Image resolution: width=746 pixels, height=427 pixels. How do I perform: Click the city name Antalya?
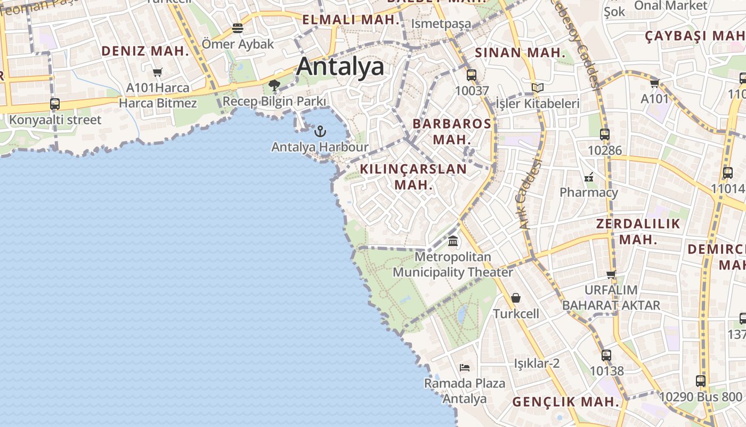(x=340, y=67)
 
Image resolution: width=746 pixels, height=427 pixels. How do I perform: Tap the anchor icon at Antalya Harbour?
(x=320, y=131)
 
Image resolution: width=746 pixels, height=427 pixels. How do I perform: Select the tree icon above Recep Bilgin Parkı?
(x=274, y=85)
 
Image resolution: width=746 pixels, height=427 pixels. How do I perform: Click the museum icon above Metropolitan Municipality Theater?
(x=453, y=241)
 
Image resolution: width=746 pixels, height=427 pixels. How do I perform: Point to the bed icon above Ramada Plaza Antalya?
(x=465, y=367)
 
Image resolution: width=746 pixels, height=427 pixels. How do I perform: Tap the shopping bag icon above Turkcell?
(x=516, y=298)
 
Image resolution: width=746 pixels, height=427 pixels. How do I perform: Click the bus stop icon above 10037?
(x=471, y=75)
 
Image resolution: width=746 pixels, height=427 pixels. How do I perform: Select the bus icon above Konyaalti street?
(x=55, y=104)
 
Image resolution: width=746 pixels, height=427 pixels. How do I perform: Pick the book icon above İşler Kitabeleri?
(x=538, y=88)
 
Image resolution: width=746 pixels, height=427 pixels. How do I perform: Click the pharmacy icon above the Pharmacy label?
(x=589, y=177)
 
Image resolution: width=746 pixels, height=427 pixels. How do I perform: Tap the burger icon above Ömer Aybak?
(x=238, y=28)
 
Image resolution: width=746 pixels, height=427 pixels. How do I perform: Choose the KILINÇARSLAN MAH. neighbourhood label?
(x=413, y=177)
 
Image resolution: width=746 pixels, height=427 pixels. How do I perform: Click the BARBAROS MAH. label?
(x=452, y=131)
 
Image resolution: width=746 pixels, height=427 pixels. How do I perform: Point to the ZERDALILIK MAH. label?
(x=638, y=231)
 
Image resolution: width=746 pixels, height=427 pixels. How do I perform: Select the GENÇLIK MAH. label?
(x=566, y=402)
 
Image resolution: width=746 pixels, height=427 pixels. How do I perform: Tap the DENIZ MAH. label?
(x=145, y=51)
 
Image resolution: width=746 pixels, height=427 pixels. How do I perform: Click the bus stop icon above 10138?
(x=606, y=355)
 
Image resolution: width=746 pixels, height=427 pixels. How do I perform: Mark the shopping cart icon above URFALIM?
(x=611, y=274)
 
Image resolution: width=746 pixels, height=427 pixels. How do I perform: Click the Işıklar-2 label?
(x=537, y=363)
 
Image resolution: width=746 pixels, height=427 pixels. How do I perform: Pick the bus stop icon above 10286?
(x=604, y=135)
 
